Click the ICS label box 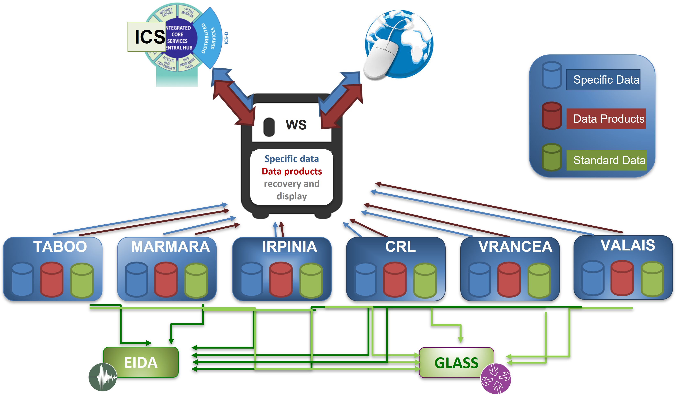(x=147, y=37)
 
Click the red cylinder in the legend (x=551, y=116)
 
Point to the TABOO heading (x=60, y=247)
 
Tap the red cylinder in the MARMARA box (x=166, y=280)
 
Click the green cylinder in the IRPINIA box (x=311, y=280)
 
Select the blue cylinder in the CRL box (x=365, y=280)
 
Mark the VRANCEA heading (x=515, y=247)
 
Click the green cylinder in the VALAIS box (x=652, y=279)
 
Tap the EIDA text (x=141, y=363)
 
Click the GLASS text (x=456, y=363)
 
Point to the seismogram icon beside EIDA (x=103, y=377)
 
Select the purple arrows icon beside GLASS (x=496, y=379)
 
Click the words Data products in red (x=292, y=171)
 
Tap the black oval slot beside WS (x=269, y=127)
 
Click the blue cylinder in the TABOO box (x=23, y=280)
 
